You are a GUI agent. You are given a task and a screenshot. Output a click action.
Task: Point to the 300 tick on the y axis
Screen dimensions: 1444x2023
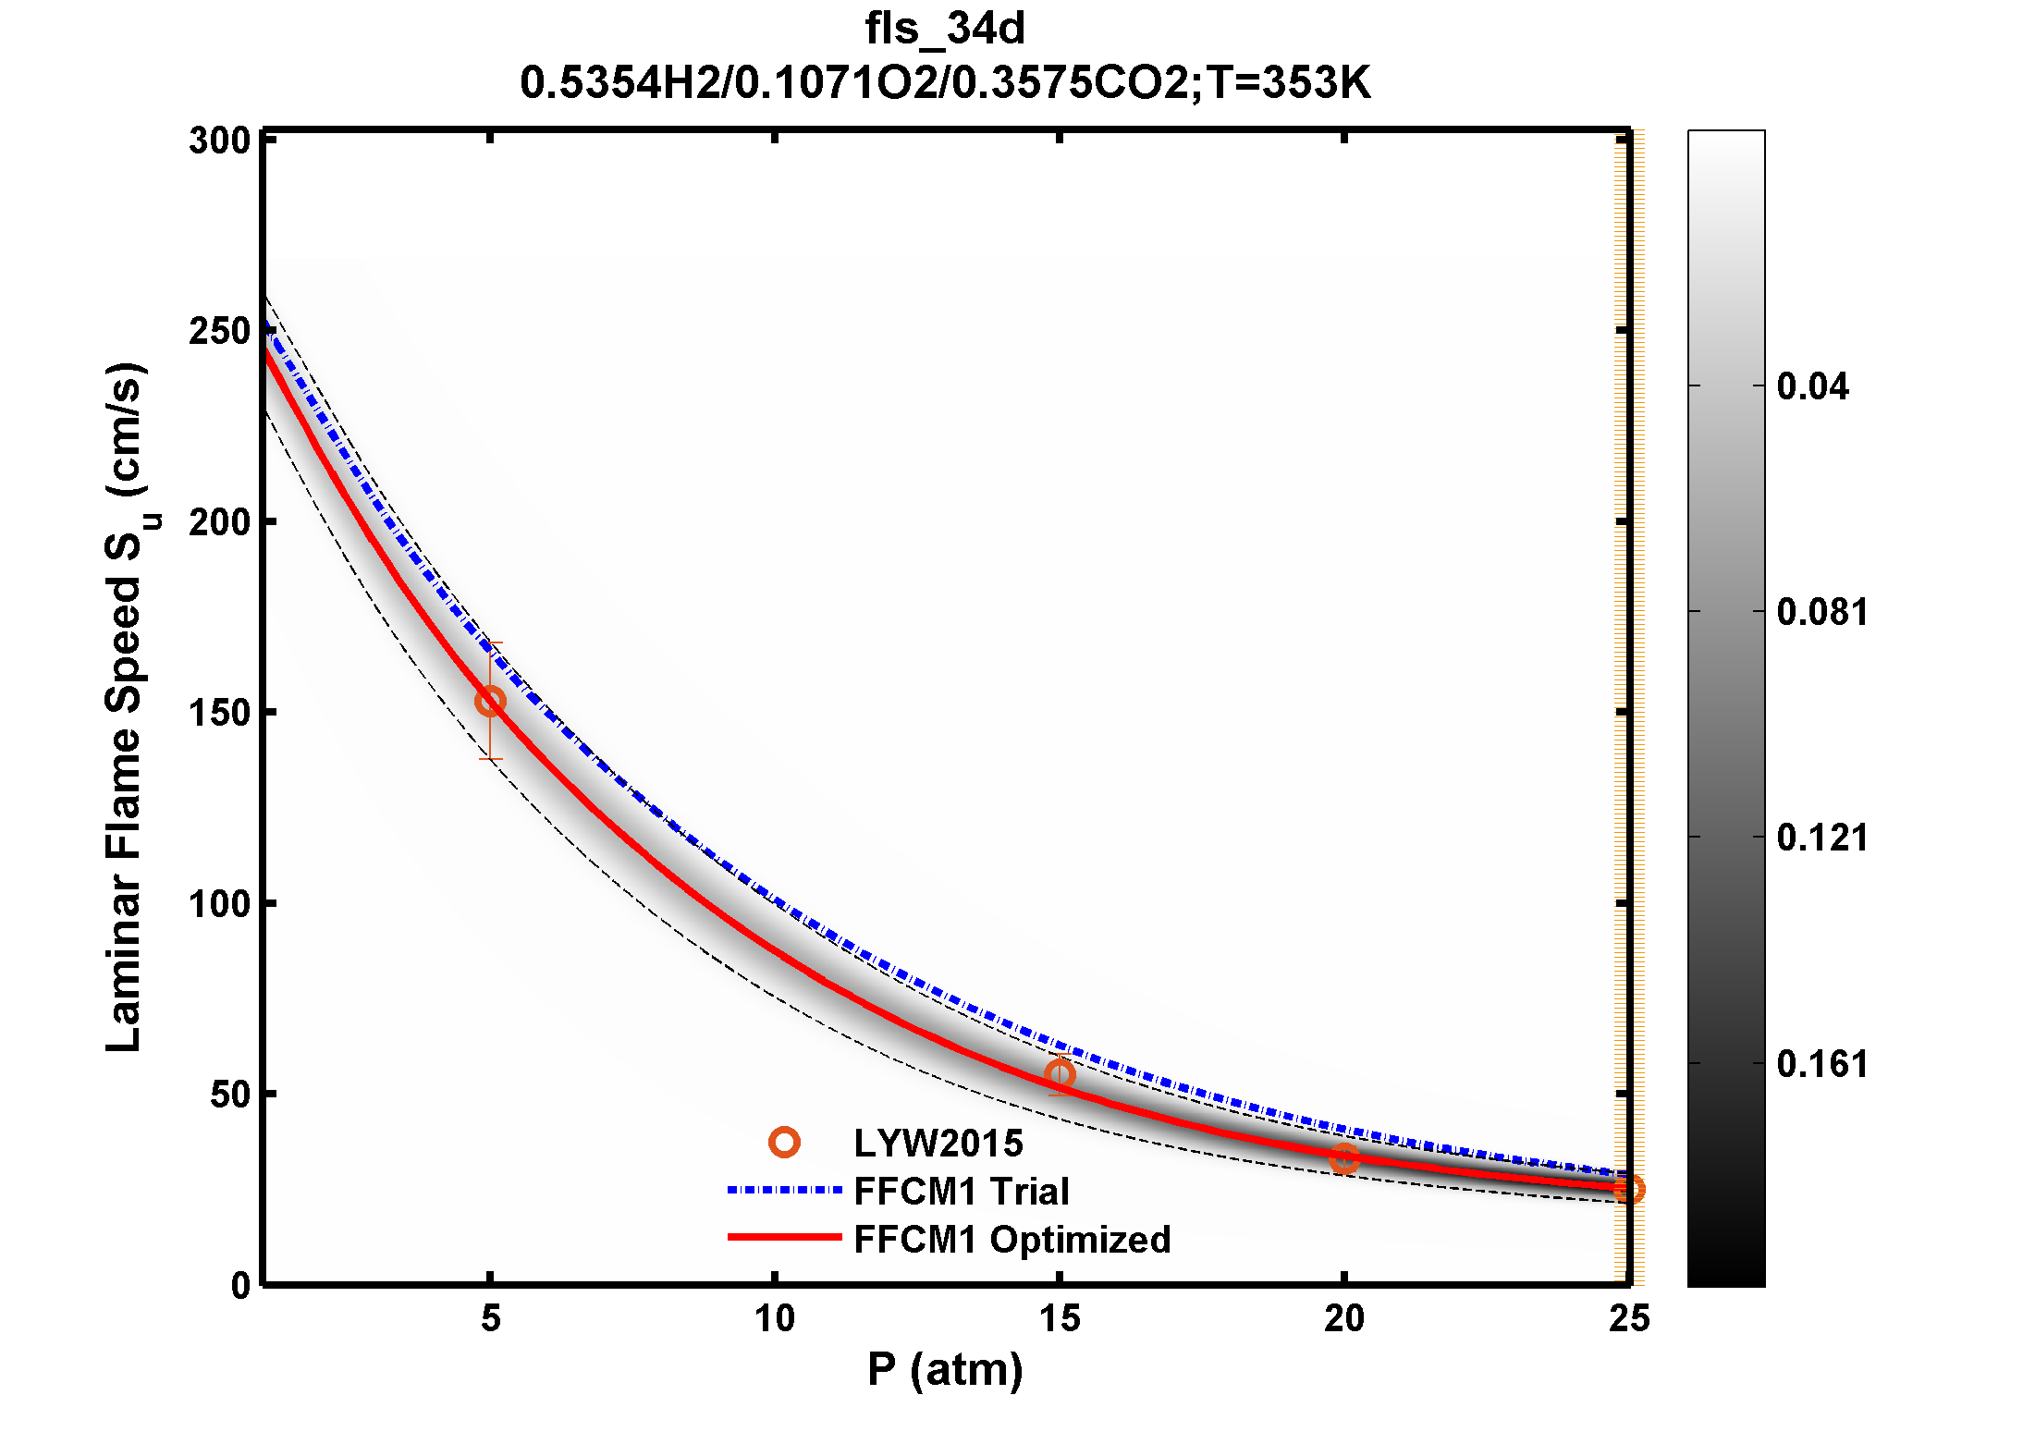pyautogui.click(x=220, y=141)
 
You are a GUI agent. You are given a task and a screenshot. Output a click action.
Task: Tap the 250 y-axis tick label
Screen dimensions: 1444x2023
pyautogui.click(x=220, y=331)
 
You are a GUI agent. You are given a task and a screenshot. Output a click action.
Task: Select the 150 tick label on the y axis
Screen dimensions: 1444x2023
pyautogui.click(x=220, y=713)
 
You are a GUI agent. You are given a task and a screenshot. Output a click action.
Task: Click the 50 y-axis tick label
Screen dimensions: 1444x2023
pyautogui.click(x=230, y=1095)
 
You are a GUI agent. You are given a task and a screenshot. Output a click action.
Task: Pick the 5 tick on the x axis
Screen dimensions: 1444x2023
pyautogui.click(x=490, y=1318)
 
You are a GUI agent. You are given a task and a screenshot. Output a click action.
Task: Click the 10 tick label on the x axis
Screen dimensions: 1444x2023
pyautogui.click(x=775, y=1318)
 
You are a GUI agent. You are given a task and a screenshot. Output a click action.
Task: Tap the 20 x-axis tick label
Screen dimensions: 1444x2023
pyautogui.click(x=1343, y=1318)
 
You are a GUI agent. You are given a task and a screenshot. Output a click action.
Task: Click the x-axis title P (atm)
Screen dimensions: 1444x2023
pyautogui.click(x=944, y=1370)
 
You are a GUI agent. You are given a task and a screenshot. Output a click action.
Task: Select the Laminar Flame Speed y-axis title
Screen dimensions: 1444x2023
pyautogui.click(x=125, y=707)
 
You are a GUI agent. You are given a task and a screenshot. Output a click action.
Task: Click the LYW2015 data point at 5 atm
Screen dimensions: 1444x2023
pyautogui.click(x=490, y=702)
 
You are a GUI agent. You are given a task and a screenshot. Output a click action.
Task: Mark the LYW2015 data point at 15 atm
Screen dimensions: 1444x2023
pyautogui.click(x=1060, y=1074)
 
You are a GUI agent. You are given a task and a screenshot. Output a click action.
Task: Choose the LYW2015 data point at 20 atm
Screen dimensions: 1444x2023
pyautogui.click(x=1344, y=1158)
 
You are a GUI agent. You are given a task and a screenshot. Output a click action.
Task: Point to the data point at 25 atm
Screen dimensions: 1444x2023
pyautogui.click(x=1629, y=1189)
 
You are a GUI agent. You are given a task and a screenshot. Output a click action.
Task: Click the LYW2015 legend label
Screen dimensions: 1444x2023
pyautogui.click(x=938, y=1144)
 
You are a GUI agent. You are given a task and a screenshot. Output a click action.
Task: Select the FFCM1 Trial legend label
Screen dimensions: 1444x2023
pyautogui.click(x=961, y=1192)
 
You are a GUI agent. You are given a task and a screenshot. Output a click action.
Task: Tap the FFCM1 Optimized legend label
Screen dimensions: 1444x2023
pyautogui.click(x=1011, y=1240)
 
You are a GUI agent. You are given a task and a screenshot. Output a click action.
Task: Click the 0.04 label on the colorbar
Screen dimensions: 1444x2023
pyautogui.click(x=1812, y=386)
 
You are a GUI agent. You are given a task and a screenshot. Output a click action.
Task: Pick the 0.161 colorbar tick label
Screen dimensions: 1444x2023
pyautogui.click(x=1821, y=1064)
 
